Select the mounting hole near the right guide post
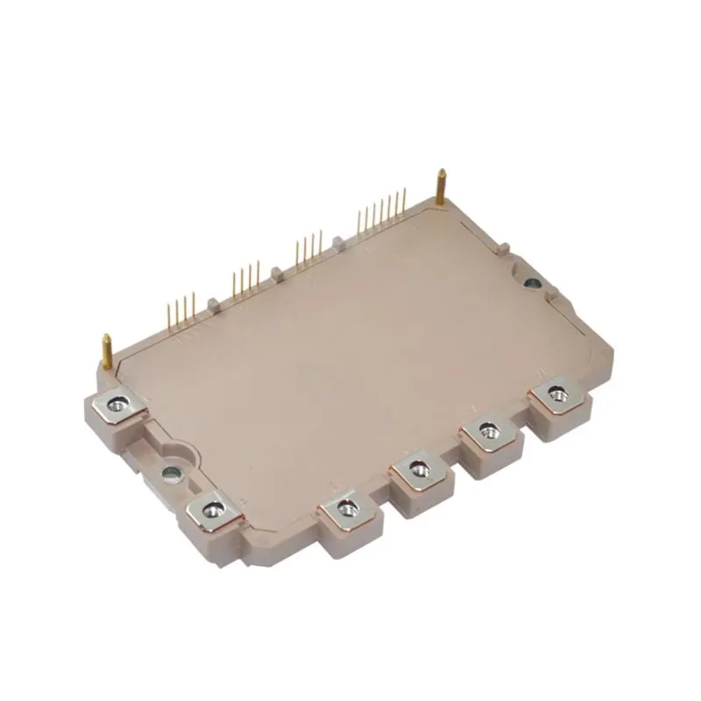click(x=532, y=283)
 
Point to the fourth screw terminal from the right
click(x=346, y=506)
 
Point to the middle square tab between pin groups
click(x=277, y=273)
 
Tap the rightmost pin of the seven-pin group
click(x=404, y=200)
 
